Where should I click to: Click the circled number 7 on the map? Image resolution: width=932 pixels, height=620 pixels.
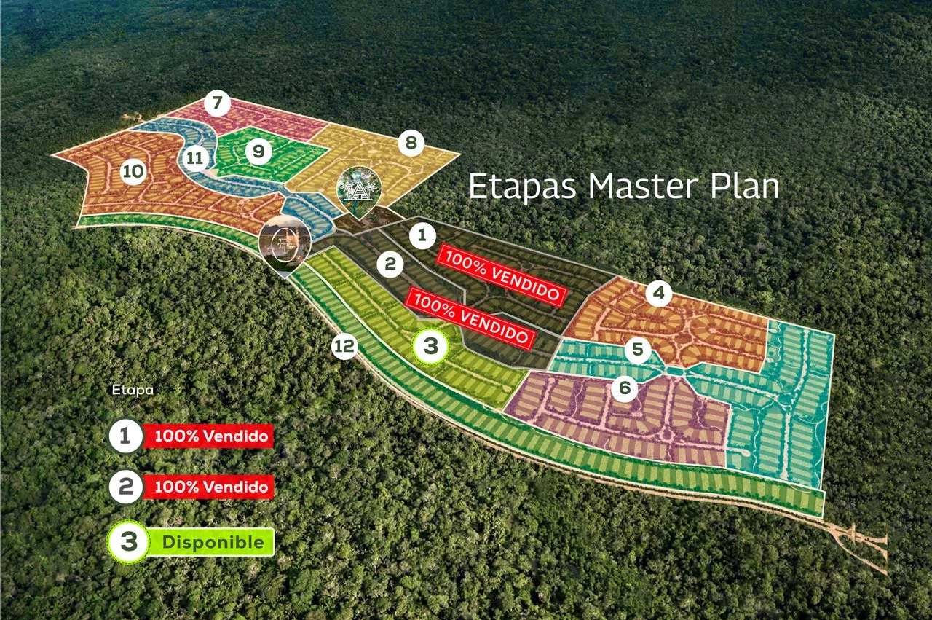pyautogui.click(x=218, y=103)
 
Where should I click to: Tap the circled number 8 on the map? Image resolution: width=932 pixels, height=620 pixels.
pyautogui.click(x=411, y=143)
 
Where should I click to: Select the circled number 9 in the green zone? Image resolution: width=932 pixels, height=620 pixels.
pyautogui.click(x=258, y=151)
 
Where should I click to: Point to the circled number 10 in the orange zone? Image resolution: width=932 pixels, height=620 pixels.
pyautogui.click(x=133, y=170)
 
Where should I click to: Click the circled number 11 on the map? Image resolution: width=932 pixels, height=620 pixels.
pyautogui.click(x=194, y=158)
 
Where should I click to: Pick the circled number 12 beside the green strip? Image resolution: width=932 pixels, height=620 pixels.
pyautogui.click(x=344, y=345)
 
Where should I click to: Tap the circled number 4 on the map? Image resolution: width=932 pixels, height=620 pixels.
pyautogui.click(x=659, y=293)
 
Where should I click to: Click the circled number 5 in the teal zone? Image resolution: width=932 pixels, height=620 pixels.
pyautogui.click(x=637, y=348)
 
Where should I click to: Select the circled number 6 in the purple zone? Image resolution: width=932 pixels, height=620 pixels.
pyautogui.click(x=625, y=388)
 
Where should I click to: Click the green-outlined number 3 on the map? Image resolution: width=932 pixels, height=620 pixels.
pyautogui.click(x=430, y=345)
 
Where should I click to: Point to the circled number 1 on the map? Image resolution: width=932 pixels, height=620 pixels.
pyautogui.click(x=422, y=235)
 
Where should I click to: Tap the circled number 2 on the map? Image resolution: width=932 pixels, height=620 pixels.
pyautogui.click(x=390, y=264)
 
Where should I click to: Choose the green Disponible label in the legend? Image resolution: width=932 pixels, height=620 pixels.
pyautogui.click(x=210, y=542)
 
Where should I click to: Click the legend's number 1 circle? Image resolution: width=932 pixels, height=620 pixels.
pyautogui.click(x=125, y=436)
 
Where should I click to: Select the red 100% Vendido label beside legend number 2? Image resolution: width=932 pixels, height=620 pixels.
pyautogui.click(x=208, y=487)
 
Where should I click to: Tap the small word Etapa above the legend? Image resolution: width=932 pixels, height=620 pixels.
pyautogui.click(x=133, y=391)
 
